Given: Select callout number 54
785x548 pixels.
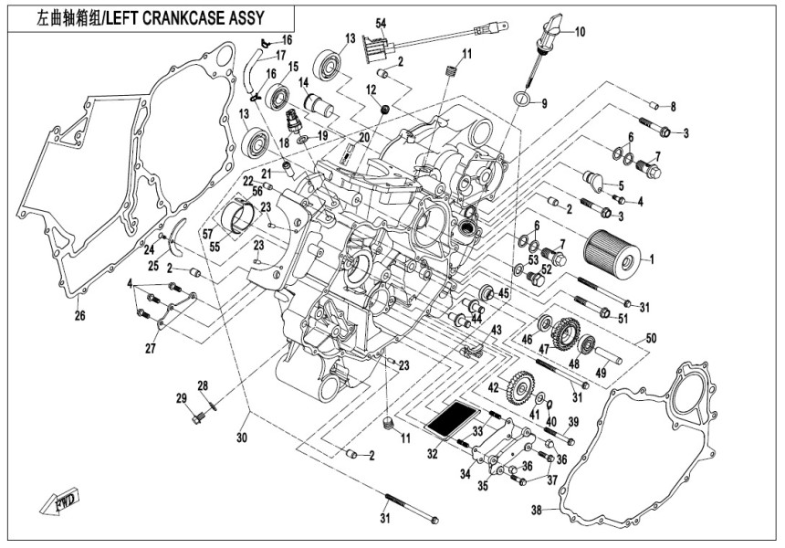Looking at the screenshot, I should [381, 23].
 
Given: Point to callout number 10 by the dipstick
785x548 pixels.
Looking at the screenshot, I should [580, 31].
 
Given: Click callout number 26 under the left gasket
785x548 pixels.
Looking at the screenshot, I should [79, 317].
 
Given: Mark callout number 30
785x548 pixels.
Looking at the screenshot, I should [241, 438].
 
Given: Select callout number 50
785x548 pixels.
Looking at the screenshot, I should [651, 339].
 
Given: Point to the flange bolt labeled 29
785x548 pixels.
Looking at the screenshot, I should [198, 419].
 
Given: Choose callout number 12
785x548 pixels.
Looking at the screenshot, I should [372, 90].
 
